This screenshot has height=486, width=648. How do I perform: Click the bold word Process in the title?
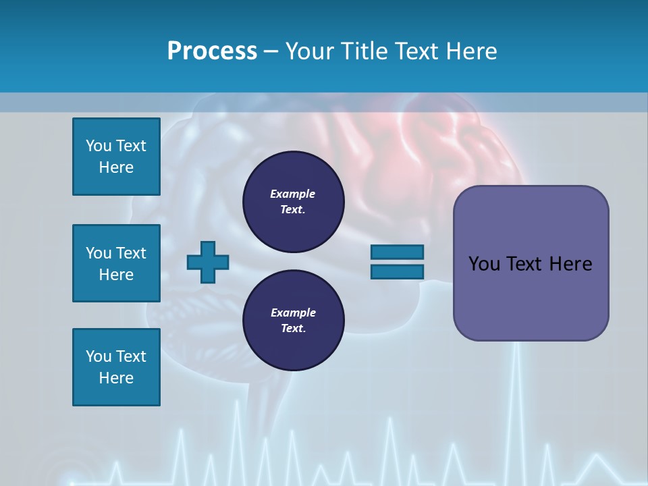click(212, 51)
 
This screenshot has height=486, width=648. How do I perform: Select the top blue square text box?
click(116, 157)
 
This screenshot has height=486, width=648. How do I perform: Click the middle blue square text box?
click(116, 263)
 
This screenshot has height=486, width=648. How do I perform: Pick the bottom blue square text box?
click(116, 367)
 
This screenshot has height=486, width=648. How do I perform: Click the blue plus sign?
click(208, 262)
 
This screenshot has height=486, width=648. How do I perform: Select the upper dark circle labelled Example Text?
click(293, 202)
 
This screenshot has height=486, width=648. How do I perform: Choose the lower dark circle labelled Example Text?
click(293, 321)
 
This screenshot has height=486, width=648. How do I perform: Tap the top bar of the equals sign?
click(397, 252)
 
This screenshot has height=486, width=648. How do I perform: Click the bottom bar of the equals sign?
click(397, 271)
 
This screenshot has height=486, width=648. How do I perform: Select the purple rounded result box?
click(531, 263)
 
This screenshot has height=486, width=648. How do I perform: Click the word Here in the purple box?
click(570, 264)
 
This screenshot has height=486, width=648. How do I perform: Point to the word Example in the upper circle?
click(293, 194)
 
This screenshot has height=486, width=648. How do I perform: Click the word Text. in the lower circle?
click(293, 329)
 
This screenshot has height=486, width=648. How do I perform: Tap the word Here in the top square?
click(116, 167)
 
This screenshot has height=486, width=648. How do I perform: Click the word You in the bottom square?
click(99, 356)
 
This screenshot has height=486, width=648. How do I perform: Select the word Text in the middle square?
click(130, 253)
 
